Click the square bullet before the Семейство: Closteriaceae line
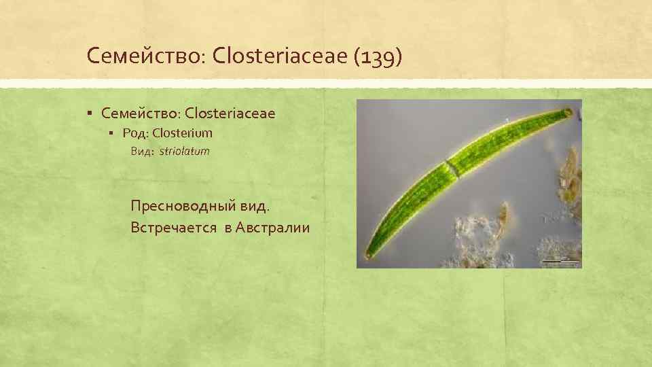click(x=90, y=113)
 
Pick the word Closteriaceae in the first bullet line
click(x=230, y=113)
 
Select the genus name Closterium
click(x=183, y=133)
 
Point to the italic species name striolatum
click(x=185, y=152)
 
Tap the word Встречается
click(x=172, y=227)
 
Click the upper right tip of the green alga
click(x=568, y=111)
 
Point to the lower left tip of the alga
click(x=369, y=255)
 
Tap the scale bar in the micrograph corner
click(x=561, y=260)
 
